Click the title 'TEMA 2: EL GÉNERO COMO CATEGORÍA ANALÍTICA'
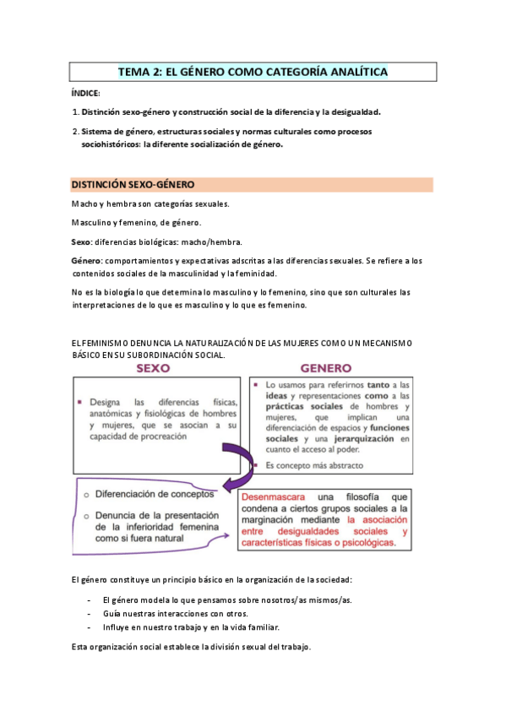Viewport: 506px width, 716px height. tap(253, 73)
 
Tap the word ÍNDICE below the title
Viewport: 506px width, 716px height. tap(85, 93)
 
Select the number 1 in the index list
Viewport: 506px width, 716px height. tap(74, 111)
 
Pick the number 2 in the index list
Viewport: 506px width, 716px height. tap(74, 132)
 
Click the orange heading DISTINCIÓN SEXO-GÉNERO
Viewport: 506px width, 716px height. tap(133, 184)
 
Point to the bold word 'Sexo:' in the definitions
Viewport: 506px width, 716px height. tap(82, 241)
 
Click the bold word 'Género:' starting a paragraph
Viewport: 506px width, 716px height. tap(86, 261)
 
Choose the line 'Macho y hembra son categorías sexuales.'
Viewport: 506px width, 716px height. tap(150, 204)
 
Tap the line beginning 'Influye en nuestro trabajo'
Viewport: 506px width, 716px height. tap(189, 627)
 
